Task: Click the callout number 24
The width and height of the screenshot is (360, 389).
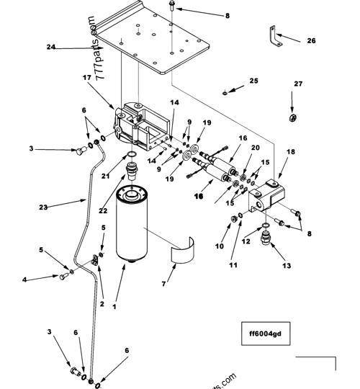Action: click(x=51, y=48)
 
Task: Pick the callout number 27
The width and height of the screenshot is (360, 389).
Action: click(x=298, y=84)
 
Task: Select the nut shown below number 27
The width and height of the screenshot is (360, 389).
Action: click(x=294, y=117)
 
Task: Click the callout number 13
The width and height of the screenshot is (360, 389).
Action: click(x=267, y=266)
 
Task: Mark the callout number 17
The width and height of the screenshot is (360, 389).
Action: click(x=87, y=78)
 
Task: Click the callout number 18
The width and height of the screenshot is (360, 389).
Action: click(x=291, y=153)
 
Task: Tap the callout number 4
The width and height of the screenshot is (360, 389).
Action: click(x=45, y=279)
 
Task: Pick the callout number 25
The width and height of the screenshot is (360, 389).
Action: click(x=253, y=81)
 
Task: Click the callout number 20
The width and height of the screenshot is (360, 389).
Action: click(x=254, y=148)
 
